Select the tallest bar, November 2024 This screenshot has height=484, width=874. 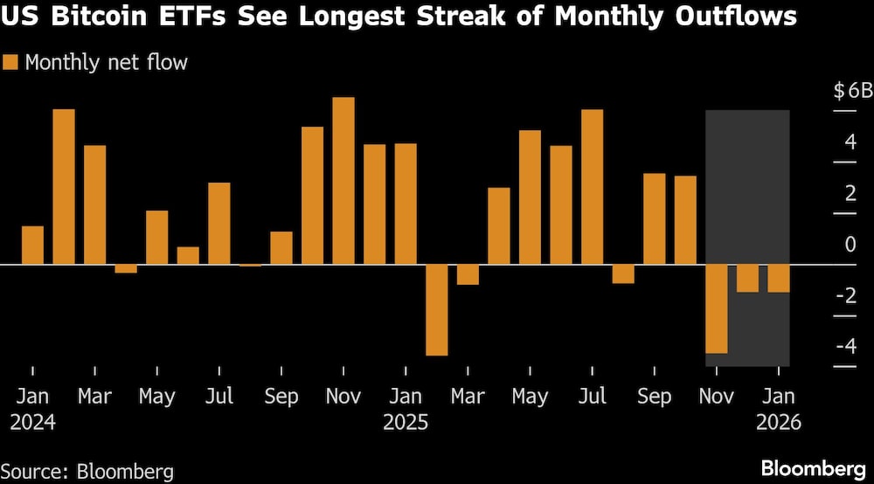(x=343, y=180)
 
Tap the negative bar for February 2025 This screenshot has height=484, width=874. (x=437, y=309)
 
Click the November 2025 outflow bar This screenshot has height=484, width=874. (x=717, y=308)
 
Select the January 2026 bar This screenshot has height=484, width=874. (x=779, y=278)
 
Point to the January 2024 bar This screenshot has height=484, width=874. (x=32, y=245)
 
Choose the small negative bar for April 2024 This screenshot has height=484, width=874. (x=126, y=268)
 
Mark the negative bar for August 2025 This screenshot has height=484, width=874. (x=623, y=273)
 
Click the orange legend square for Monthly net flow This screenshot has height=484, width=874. (x=10, y=62)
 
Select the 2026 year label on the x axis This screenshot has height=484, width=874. (x=779, y=423)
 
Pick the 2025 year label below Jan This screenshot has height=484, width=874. (x=406, y=423)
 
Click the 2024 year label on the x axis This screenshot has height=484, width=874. (x=32, y=423)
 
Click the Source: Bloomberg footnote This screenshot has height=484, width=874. (x=87, y=472)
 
